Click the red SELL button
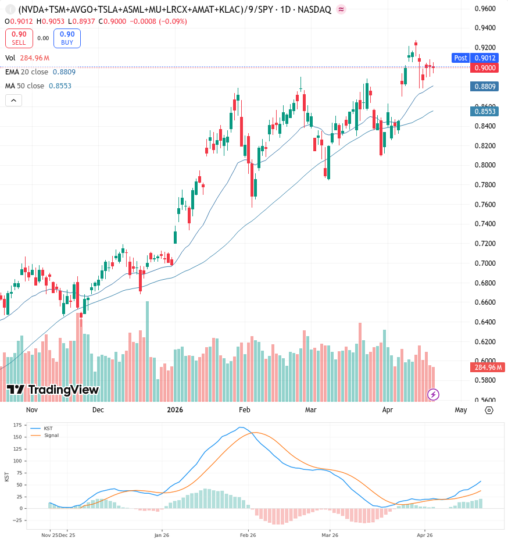[x=19, y=38]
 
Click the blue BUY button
[x=67, y=38]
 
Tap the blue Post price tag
[x=460, y=58]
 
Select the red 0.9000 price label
[x=485, y=67]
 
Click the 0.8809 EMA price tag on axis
[x=485, y=87]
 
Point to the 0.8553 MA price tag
[x=485, y=111]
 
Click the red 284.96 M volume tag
[x=488, y=367]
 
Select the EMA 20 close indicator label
[x=27, y=72]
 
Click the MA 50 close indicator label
[x=24, y=85]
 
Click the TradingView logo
[x=53, y=390]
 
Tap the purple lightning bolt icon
[x=433, y=394]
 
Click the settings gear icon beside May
[x=489, y=411]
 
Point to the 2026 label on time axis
[x=175, y=410]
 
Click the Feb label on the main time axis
[x=244, y=410]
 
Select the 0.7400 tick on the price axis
[x=485, y=224]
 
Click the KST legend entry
[x=42, y=428]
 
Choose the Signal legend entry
[x=45, y=435]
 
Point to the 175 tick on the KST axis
[x=17, y=425]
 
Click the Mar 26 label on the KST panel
[x=330, y=535]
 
